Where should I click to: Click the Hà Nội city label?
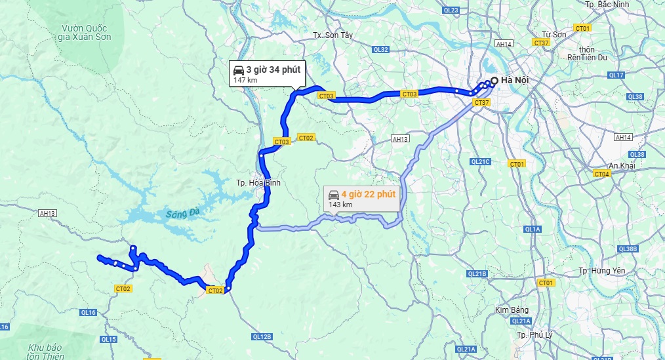pos(514,81)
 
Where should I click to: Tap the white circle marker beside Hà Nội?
pos(493,81)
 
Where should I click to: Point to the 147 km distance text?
pos(245,80)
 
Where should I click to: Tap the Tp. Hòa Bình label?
pos(258,183)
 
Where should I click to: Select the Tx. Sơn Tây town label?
pos(333,35)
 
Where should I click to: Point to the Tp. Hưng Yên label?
pos(603,271)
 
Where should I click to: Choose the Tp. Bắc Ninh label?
pos(606,5)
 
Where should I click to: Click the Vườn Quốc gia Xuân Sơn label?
pos(85,32)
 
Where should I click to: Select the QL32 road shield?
pos(380,49)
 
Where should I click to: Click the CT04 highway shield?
pos(601,174)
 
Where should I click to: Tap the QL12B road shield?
pos(261,336)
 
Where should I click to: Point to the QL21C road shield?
pos(481,161)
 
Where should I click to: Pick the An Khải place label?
pos(622,166)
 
